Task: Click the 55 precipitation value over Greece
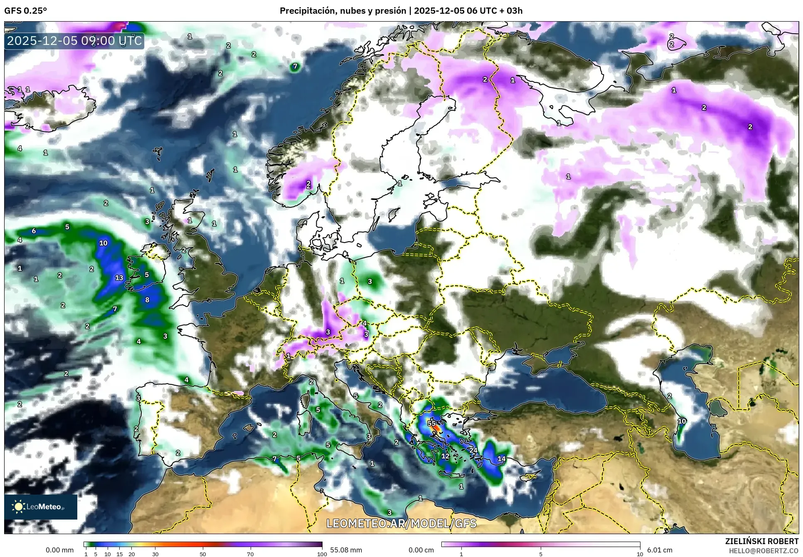(x=431, y=423)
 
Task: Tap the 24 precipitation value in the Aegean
(x=473, y=450)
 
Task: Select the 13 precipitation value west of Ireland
(x=119, y=277)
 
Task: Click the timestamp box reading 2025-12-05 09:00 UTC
(x=74, y=41)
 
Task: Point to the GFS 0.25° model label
(x=25, y=11)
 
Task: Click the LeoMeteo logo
(x=41, y=507)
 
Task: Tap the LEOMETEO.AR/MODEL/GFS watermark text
(x=401, y=523)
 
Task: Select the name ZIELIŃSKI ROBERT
(x=761, y=541)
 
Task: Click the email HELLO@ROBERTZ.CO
(x=764, y=551)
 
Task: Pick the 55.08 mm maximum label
(x=346, y=550)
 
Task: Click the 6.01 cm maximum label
(x=660, y=550)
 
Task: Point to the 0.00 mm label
(x=59, y=550)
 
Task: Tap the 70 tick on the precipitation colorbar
(x=250, y=554)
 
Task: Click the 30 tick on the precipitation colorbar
(x=155, y=554)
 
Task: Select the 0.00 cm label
(x=421, y=550)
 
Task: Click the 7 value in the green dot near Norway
(x=295, y=66)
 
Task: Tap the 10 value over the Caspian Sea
(x=682, y=421)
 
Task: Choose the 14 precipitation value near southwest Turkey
(x=501, y=459)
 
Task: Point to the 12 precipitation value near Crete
(x=445, y=456)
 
